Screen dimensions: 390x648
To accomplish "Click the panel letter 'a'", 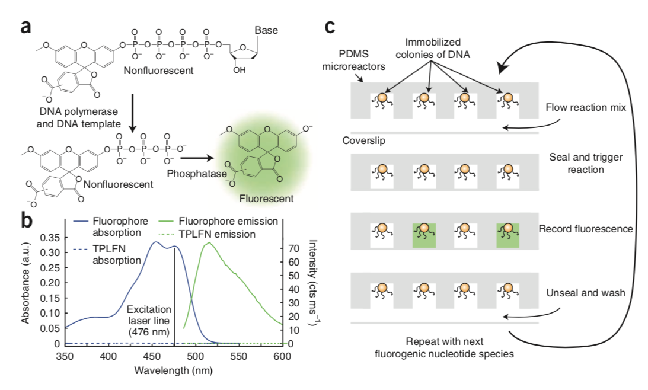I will pos(25,27).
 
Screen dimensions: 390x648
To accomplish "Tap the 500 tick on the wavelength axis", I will pos(195,356).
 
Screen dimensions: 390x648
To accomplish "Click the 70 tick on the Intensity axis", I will pos(292,248).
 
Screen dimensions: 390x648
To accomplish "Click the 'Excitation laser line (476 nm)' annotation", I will pos(149,320).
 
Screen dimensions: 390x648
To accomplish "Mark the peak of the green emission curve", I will pos(208,242).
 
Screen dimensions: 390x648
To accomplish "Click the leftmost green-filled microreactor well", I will pos(423,235).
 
